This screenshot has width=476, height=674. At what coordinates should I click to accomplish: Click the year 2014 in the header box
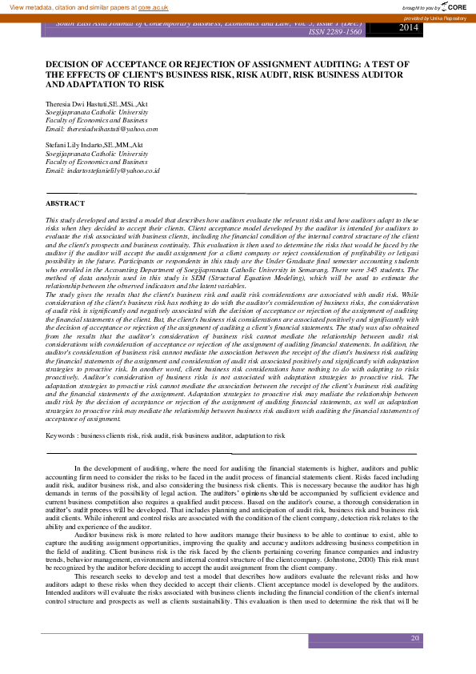pyautogui.click(x=408, y=28)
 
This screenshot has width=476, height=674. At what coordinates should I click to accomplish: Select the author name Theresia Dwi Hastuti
pyautogui.click(x=78, y=105)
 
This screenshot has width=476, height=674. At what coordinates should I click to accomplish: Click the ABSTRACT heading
pyautogui.click(x=65, y=203)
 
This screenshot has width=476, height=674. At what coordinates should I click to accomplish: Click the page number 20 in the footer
pyautogui.click(x=414, y=638)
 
